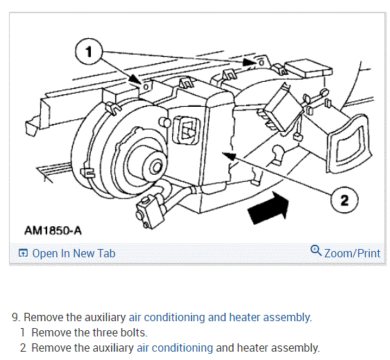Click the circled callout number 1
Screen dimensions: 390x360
(89, 52)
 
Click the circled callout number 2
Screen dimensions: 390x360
(344, 200)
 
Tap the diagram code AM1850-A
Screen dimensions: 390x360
(53, 230)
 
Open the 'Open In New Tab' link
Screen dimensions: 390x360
(74, 253)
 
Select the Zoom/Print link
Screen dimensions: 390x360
(353, 253)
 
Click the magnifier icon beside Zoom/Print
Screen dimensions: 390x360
(316, 250)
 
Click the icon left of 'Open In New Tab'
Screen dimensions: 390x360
(23, 253)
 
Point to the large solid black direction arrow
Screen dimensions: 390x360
(269, 208)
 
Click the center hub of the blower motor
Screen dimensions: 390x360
(156, 167)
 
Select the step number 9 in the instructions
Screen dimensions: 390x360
(17, 318)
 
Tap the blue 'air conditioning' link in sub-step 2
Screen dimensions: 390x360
(175, 348)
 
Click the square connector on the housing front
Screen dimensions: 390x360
(186, 131)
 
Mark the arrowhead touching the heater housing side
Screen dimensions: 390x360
(229, 156)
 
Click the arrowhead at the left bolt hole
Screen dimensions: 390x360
(135, 80)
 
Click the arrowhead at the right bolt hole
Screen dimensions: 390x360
(248, 62)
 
